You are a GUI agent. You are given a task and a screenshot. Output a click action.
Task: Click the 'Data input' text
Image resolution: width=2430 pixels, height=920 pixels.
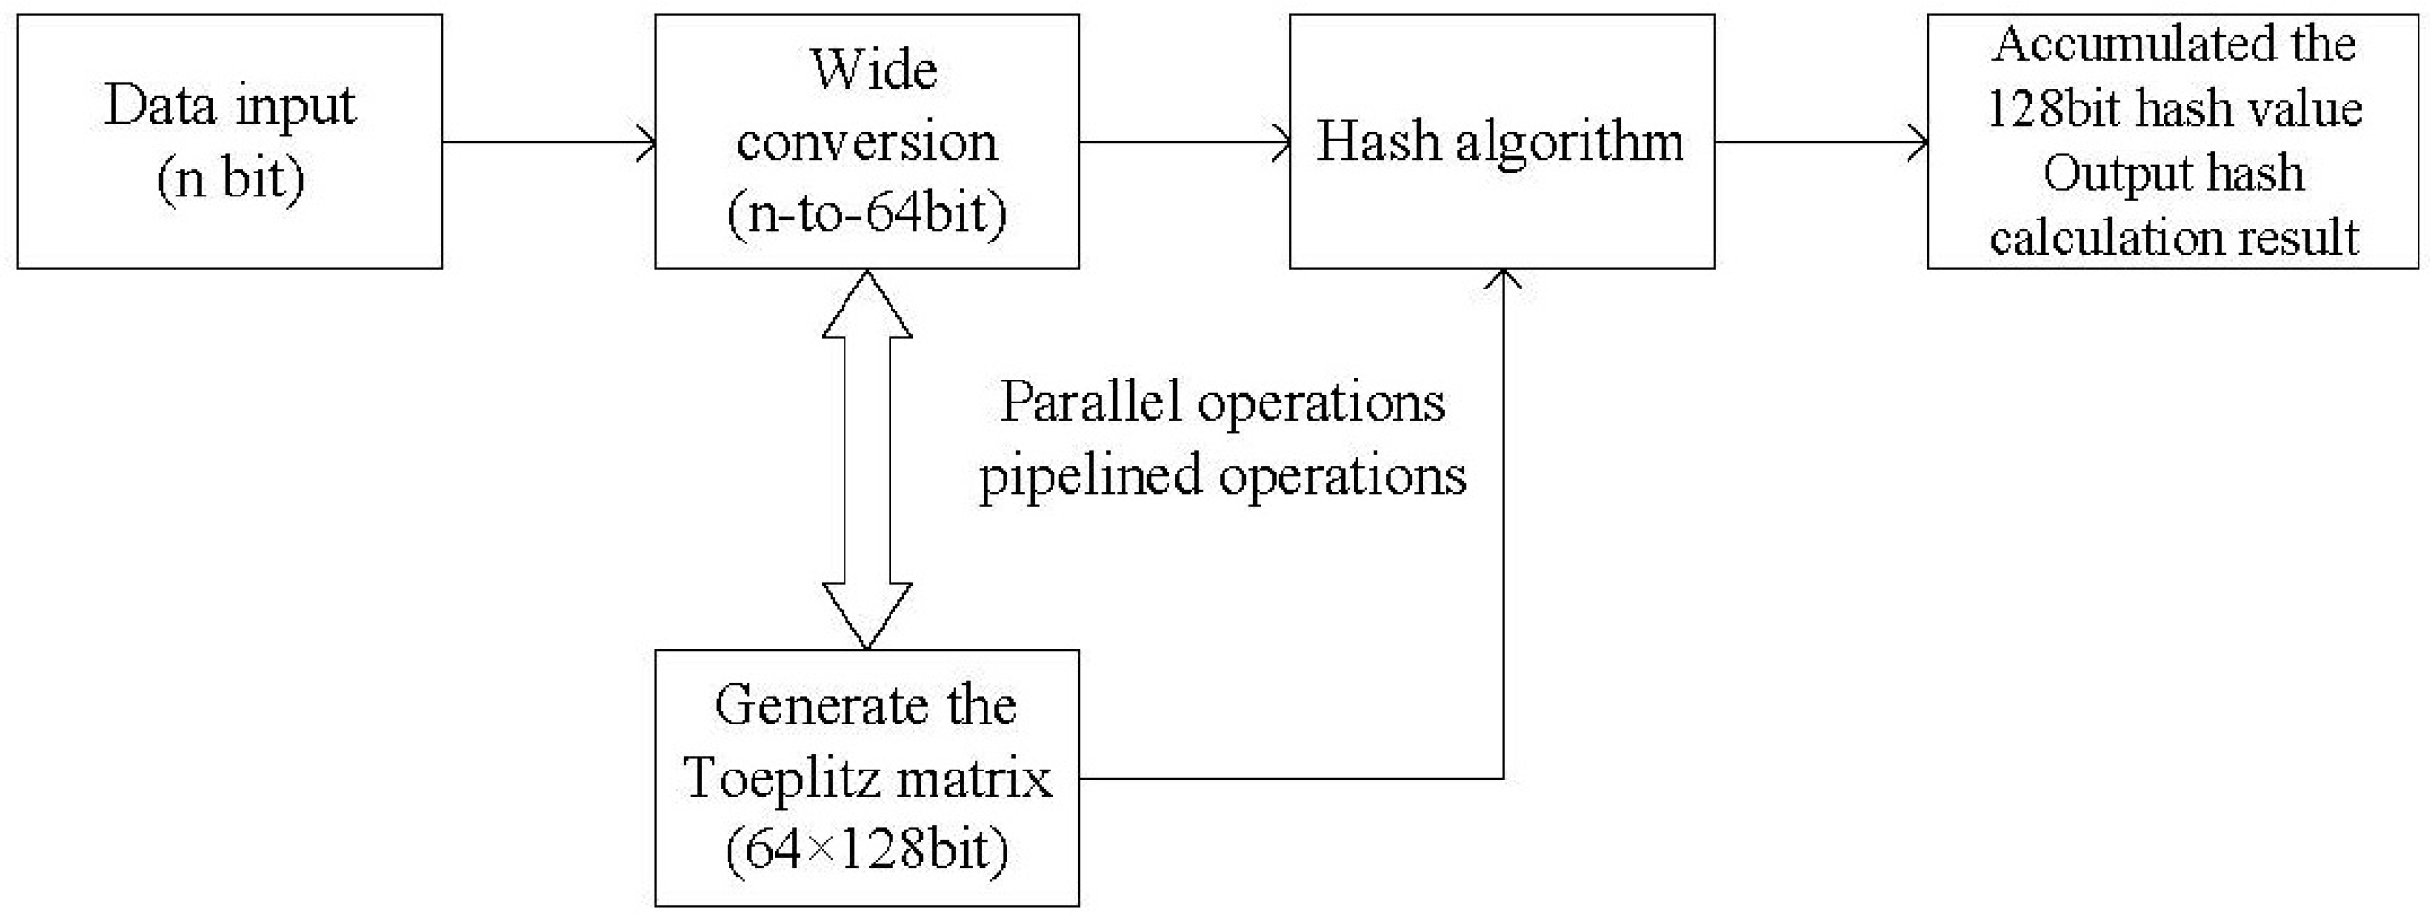coord(230,105)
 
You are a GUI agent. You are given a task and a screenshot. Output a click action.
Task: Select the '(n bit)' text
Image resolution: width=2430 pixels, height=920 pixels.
coord(231,177)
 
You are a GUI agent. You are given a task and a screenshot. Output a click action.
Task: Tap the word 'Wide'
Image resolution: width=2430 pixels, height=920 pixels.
coord(872,70)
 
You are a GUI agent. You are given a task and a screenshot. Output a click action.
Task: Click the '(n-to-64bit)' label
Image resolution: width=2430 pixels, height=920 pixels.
coord(868,212)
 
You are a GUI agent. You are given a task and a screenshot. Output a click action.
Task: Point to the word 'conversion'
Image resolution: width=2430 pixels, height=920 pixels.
coord(868,142)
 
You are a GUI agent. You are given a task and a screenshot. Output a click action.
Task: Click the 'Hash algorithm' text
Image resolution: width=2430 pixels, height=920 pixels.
coord(1500,142)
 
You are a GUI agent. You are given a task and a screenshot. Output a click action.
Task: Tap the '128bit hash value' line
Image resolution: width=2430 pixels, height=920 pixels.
coord(2174,108)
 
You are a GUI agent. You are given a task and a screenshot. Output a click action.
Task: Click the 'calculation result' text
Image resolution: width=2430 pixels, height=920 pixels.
coord(2174,237)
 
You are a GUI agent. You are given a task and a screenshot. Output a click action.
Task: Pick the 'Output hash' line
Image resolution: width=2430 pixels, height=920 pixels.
coord(2174,173)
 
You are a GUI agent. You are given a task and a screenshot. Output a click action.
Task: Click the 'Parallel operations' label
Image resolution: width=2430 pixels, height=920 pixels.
coord(1222,402)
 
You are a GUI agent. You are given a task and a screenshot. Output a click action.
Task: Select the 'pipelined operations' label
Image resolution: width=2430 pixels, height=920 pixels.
coord(1222,474)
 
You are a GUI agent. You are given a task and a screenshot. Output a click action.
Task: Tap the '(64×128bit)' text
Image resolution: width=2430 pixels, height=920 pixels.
coord(868,849)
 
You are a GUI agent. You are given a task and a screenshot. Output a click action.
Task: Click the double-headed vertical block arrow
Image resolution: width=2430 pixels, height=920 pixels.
coord(867,460)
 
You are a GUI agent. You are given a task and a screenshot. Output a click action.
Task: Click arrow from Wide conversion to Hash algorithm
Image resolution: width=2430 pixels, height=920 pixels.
coord(1185,143)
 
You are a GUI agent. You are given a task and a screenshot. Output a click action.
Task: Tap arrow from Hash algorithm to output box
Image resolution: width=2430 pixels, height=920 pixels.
coord(1820,143)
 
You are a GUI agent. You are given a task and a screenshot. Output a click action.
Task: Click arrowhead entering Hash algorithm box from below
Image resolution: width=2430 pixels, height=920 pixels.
coord(1503,280)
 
